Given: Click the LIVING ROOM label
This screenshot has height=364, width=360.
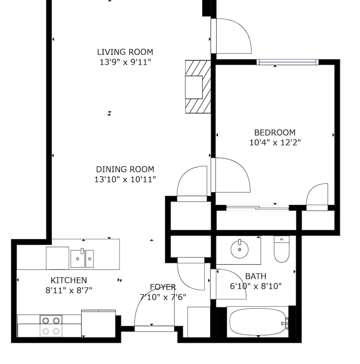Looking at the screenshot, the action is click(x=125, y=52).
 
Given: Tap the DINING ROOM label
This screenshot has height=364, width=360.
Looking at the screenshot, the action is click(x=125, y=169).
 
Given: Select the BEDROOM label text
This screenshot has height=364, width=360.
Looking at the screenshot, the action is click(x=275, y=132).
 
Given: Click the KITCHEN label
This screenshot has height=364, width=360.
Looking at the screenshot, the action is click(x=69, y=280).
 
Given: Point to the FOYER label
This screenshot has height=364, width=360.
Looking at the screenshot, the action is click(x=163, y=287).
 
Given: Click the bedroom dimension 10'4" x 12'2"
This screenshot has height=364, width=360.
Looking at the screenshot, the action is click(x=275, y=142).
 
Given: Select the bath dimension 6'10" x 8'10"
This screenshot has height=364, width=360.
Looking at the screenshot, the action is click(x=256, y=286).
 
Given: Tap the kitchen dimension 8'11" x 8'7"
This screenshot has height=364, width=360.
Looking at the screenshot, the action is click(x=69, y=290).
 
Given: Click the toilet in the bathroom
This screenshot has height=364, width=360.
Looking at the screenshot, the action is click(x=281, y=249).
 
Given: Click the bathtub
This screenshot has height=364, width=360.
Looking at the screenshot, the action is click(x=258, y=321).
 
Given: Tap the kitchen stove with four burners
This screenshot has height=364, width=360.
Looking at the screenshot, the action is click(x=51, y=326).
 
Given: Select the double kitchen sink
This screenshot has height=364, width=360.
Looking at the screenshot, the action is click(x=82, y=258).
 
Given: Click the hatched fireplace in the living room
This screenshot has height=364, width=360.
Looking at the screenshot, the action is click(x=198, y=87).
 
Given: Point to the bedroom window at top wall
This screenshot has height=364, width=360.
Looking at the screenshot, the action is click(x=288, y=62).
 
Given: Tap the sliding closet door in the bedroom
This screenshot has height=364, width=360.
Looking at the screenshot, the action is click(x=258, y=208).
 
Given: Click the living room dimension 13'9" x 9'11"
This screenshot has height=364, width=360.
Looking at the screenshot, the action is click(x=125, y=62).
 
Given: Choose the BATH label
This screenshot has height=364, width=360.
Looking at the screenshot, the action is click(x=256, y=276).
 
